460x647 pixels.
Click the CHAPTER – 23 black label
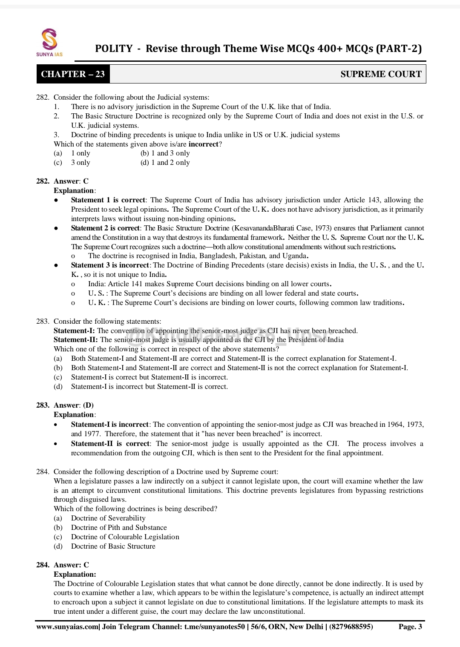(73, 74)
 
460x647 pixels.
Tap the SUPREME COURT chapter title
(381, 74)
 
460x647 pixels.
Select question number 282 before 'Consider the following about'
(43, 98)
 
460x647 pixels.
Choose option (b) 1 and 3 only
(165, 153)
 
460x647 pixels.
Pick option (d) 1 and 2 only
(165, 163)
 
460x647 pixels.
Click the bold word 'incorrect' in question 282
(203, 144)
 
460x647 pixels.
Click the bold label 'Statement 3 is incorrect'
(110, 265)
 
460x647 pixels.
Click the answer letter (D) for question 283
(88, 405)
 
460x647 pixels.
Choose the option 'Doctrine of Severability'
(108, 518)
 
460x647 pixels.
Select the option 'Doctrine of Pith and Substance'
(119, 528)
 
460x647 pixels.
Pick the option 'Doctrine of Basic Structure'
(113, 546)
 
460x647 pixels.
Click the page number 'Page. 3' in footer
(410, 627)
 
